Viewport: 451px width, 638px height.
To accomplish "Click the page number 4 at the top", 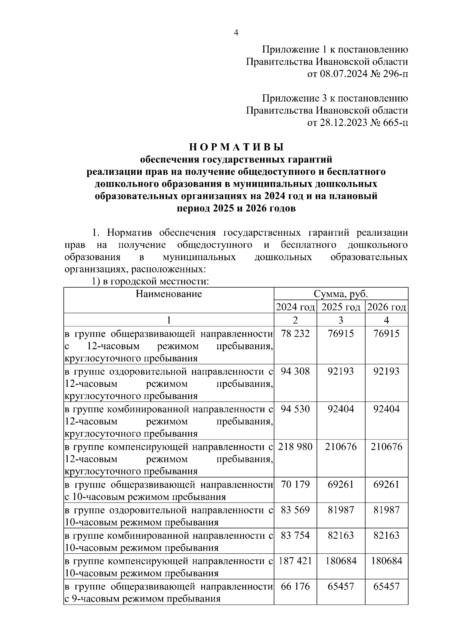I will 236,33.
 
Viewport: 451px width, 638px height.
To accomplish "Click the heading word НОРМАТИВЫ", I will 236,146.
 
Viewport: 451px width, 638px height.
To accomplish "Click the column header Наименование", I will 169,294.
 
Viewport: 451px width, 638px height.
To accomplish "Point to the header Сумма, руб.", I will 341,294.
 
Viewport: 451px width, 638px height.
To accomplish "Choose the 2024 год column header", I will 295,307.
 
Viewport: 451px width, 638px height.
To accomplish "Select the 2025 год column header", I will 341,307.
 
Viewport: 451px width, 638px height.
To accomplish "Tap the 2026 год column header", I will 386,307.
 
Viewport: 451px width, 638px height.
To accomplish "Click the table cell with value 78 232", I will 295,333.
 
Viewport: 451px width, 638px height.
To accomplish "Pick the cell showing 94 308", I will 295,371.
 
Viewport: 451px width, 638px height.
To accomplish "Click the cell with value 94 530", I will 295,409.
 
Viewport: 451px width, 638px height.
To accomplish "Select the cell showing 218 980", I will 295,447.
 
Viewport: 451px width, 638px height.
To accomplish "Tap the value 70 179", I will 295,484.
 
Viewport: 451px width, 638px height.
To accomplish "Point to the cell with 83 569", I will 295,510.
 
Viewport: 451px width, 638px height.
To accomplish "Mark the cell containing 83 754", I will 295,535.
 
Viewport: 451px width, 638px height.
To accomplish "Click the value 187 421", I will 295,561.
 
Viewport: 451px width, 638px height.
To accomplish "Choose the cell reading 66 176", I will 295,586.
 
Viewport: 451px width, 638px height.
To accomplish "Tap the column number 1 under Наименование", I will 169,320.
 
